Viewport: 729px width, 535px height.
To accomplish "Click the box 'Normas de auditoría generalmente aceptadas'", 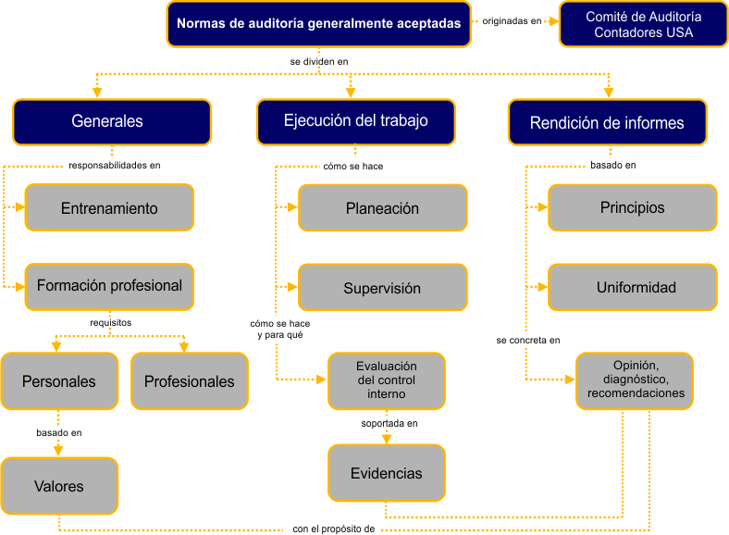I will pos(318,24).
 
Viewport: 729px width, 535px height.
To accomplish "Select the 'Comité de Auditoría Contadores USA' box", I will pos(644,24).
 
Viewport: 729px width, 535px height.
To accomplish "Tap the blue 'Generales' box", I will pos(111,122).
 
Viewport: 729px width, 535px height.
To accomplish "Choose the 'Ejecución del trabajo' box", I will pos(356,121).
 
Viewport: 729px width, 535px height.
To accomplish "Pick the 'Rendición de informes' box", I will pos(607,123).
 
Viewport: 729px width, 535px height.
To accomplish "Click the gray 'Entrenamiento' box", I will pos(109,208).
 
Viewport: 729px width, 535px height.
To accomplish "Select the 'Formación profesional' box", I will pos(109,286).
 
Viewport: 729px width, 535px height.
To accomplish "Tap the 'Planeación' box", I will pos(382,208).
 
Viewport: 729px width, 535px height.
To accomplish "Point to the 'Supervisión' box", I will pos(382,288).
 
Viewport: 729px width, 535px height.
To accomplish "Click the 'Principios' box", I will pos(632,207).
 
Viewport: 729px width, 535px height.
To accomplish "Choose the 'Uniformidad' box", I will pos(632,287).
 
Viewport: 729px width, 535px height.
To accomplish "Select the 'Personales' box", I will pos(59,381).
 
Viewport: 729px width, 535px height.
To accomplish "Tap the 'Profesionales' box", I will pos(190,381).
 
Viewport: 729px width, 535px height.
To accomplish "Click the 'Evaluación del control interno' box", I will pos(386,380).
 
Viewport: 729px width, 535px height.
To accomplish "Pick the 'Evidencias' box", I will pos(386,473).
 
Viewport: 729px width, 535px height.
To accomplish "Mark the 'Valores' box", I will pos(59,486).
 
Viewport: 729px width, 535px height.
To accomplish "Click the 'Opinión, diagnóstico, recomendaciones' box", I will pos(636,379).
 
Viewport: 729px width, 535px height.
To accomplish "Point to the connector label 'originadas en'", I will pos(512,20).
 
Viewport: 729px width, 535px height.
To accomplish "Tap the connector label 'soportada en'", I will pos(389,424).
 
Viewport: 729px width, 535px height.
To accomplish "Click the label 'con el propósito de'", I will pos(333,529).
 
